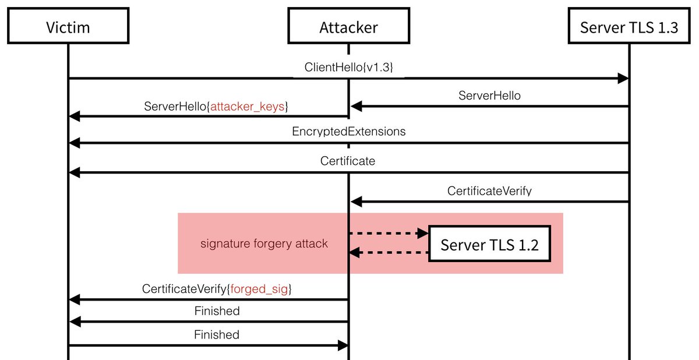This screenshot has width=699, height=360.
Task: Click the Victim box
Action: click(x=68, y=27)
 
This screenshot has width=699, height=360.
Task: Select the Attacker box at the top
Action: click(x=348, y=27)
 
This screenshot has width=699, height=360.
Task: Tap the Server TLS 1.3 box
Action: click(x=629, y=27)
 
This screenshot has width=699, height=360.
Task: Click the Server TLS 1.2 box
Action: click(x=489, y=243)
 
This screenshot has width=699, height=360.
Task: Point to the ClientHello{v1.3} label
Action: click(x=348, y=67)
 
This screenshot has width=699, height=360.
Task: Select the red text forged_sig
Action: click(x=260, y=289)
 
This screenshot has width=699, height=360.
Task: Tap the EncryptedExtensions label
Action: click(x=348, y=132)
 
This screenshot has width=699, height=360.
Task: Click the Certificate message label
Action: click(x=348, y=161)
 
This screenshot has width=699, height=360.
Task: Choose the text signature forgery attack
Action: click(x=264, y=243)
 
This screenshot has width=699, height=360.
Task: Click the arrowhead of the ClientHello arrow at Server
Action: click(x=623, y=78)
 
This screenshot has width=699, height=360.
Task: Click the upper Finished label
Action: click(x=217, y=311)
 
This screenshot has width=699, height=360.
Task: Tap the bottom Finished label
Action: click(x=217, y=334)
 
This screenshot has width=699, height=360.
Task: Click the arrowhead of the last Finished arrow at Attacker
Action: click(x=343, y=345)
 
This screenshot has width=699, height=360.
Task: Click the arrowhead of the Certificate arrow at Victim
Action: click(x=73, y=172)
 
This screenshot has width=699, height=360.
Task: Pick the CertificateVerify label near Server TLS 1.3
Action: click(x=489, y=190)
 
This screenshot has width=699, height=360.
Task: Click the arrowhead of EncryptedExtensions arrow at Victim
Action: click(x=73, y=143)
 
